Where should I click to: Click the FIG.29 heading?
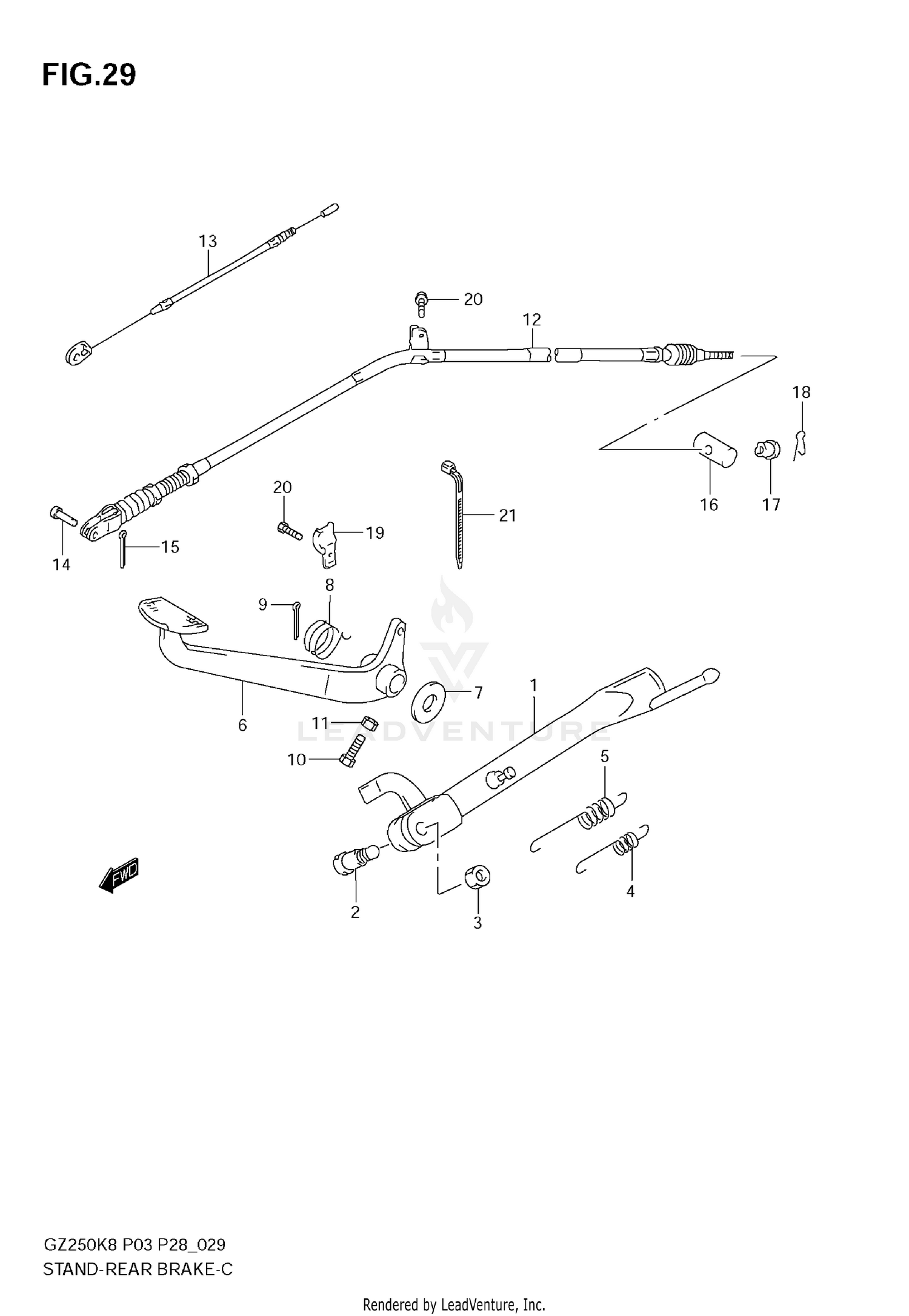click(89, 76)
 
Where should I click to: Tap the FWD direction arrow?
click(119, 875)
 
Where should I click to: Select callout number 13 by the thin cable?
click(208, 241)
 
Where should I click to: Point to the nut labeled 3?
click(478, 877)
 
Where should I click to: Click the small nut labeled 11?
click(369, 722)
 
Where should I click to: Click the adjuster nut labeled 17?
click(767, 450)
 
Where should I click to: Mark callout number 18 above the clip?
click(801, 393)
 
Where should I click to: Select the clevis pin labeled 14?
click(62, 516)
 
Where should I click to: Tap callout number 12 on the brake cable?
click(531, 319)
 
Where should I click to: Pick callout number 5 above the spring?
click(604, 756)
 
